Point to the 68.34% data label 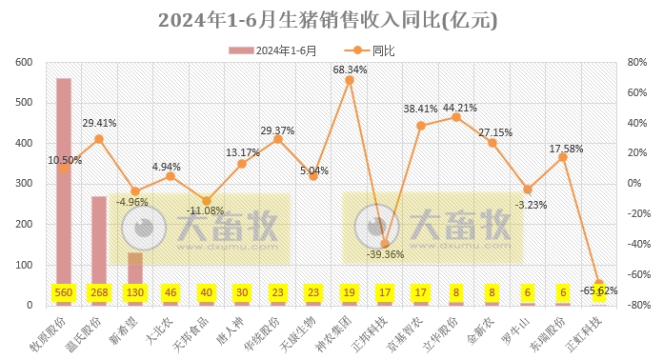[x=350, y=70]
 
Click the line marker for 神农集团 [x=350, y=80]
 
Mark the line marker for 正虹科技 [x=599, y=283]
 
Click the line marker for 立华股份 [x=456, y=117]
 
